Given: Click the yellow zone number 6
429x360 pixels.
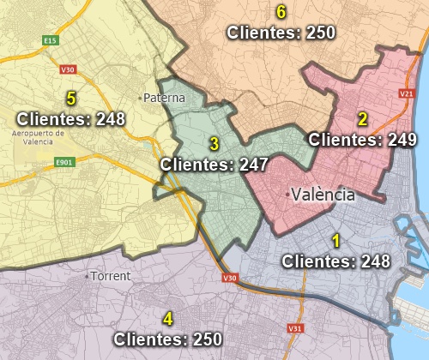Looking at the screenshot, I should coord(281,12).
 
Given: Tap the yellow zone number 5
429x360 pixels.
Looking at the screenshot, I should coord(71,99).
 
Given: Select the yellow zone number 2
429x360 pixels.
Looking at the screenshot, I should coord(362,119).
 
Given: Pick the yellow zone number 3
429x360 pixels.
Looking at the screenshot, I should coord(214,143).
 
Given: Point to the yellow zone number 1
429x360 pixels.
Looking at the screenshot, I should coord(336,241).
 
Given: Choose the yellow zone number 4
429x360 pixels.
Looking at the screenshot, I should coord(167,319).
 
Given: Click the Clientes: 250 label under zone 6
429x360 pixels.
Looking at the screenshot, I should coord(281,33).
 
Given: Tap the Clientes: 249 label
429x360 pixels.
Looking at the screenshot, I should coord(362,139).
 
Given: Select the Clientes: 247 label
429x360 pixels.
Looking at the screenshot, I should coord(214,163).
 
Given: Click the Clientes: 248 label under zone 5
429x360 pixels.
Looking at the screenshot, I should coord(71,118).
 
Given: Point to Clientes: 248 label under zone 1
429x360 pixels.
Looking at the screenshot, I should coord(336,261).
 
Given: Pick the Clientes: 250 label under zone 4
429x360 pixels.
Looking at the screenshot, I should coord(167,339).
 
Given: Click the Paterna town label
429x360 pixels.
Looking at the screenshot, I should coord(165,98).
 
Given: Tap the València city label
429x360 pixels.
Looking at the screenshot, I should coord(323,195).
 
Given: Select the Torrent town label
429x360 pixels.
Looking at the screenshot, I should coord(112,276).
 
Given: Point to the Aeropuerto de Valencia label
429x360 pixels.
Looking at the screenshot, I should coord(39,137).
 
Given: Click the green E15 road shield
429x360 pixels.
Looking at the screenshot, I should coord(51,40).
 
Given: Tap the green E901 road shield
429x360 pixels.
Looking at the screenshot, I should coord(63,162).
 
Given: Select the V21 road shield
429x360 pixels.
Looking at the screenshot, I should coord(407,93).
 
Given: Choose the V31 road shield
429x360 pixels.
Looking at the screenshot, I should coord(294,328).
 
